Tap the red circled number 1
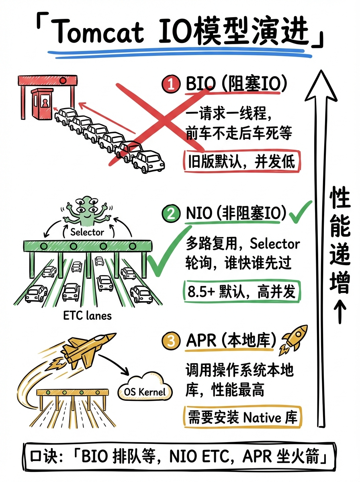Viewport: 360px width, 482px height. click(170, 85)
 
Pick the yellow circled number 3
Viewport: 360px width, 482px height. click(171, 342)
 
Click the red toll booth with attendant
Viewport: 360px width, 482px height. click(43, 102)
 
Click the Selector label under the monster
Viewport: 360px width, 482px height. click(87, 232)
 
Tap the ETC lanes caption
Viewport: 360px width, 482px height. click(87, 316)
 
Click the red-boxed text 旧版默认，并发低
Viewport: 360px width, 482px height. click(241, 161)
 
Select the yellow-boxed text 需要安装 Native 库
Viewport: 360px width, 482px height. click(241, 417)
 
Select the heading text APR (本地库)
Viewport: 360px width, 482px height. click(231, 341)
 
